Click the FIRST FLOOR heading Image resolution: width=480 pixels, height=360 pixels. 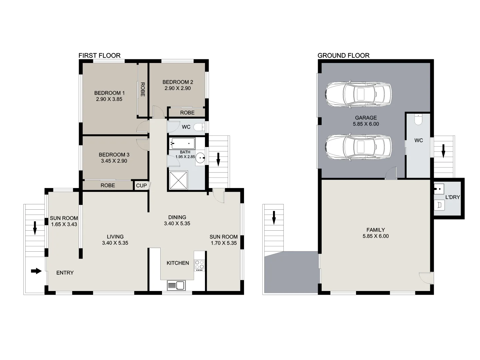click(x=99, y=56)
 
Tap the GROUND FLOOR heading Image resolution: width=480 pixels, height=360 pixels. click(x=343, y=56)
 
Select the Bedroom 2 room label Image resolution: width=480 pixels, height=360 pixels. click(x=178, y=82)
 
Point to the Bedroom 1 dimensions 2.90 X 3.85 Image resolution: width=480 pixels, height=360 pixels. click(x=109, y=99)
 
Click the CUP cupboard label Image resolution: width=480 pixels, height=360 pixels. click(x=141, y=185)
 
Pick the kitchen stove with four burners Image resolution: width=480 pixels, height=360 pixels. click(x=199, y=265)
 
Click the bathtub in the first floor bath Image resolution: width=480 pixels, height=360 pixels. click(x=182, y=143)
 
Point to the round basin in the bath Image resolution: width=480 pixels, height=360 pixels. click(x=200, y=158)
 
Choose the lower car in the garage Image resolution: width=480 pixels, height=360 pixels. click(x=358, y=147)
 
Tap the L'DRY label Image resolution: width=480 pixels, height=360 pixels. click(x=452, y=197)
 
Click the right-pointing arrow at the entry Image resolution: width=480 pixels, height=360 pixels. click(x=36, y=271)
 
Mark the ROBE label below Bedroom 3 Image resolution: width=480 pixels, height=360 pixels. click(x=108, y=185)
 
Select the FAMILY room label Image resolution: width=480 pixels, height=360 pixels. click(x=375, y=230)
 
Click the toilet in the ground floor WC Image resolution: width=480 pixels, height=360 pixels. click(x=418, y=119)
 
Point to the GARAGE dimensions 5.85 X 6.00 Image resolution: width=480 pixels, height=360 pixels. click(x=366, y=124)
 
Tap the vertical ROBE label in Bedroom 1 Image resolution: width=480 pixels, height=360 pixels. click(x=143, y=89)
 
